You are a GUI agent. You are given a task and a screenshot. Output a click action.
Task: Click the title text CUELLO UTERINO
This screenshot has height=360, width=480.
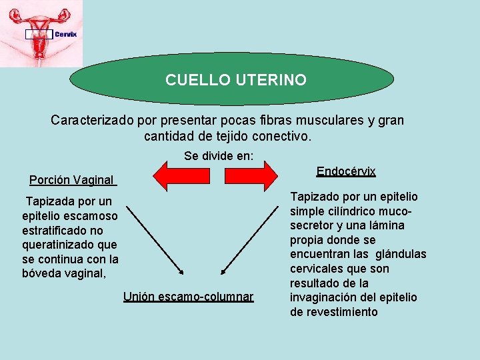236,80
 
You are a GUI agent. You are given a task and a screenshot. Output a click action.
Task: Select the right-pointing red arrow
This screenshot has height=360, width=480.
251,175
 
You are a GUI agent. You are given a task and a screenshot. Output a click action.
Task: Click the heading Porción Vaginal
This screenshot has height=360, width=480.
72,180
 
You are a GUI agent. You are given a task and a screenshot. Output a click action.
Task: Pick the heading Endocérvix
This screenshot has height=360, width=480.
346,171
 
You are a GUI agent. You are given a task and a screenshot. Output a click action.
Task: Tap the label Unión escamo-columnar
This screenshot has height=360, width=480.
188,296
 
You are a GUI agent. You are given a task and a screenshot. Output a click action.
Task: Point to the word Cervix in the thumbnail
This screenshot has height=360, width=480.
65,34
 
